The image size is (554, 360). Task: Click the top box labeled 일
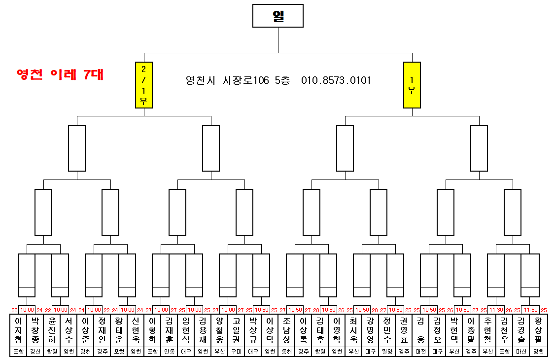pyautogui.click(x=278, y=16)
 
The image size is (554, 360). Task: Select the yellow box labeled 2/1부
pyautogui.click(x=144, y=85)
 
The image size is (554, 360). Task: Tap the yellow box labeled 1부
pyautogui.click(x=412, y=85)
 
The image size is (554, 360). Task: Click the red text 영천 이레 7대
pyautogui.click(x=60, y=74)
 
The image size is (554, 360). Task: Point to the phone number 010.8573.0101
pyautogui.click(x=336, y=80)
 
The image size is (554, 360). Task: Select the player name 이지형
pyautogui.click(x=18, y=330)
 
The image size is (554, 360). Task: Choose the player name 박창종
pyautogui.click(x=35, y=330)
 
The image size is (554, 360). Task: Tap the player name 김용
pyautogui.click(x=420, y=330)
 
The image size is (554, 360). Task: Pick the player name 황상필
pyautogui.click(x=538, y=330)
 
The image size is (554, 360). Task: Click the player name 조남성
pyautogui.click(x=286, y=330)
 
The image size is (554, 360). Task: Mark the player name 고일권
pyautogui.click(x=236, y=330)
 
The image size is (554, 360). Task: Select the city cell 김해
pyautogui.click(x=85, y=352)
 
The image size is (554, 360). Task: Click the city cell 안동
pyautogui.click(x=169, y=352)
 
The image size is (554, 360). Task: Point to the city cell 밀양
pyautogui.click(x=387, y=352)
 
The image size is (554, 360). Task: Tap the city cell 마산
pyautogui.click(x=521, y=352)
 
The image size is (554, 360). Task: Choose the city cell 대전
pyautogui.click(x=420, y=352)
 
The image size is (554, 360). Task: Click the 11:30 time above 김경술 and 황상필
pyautogui.click(x=530, y=310)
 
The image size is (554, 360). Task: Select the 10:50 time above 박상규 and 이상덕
pyautogui.click(x=262, y=310)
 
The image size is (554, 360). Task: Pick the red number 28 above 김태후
pyautogui.click(x=316, y=310)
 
